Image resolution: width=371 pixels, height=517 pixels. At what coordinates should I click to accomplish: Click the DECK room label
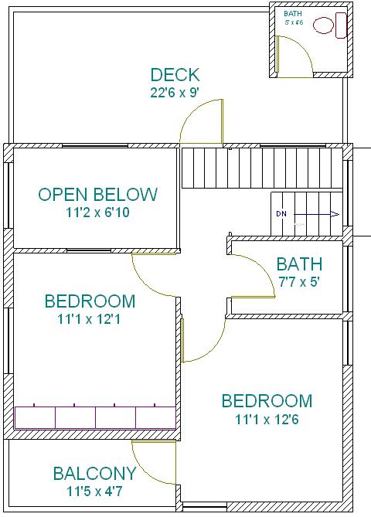[175, 75]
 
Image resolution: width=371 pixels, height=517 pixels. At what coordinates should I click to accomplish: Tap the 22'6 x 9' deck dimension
[175, 93]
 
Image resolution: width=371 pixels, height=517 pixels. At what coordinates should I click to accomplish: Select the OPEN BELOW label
[98, 195]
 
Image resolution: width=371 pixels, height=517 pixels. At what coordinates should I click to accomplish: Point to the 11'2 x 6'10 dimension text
[98, 213]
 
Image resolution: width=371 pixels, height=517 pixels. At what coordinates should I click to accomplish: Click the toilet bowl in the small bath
[323, 26]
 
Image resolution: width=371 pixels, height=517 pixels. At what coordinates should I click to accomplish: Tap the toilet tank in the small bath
[341, 26]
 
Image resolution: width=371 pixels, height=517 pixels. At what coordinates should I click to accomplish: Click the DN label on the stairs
[281, 214]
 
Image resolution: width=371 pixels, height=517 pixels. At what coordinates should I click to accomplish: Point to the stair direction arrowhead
[335, 214]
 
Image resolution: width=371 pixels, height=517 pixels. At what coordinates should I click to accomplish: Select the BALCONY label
[94, 474]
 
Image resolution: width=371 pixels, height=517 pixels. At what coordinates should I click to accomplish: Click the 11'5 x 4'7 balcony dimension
[94, 491]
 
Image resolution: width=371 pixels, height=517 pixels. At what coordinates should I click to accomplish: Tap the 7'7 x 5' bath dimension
[299, 282]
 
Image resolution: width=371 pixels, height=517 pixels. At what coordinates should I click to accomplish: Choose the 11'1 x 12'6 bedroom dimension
[267, 420]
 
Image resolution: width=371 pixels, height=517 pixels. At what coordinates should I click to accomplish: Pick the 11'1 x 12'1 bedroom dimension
[89, 319]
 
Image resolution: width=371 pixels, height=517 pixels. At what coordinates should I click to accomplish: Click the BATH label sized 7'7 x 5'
[299, 264]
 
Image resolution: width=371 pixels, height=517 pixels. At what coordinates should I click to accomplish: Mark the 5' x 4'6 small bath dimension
[294, 22]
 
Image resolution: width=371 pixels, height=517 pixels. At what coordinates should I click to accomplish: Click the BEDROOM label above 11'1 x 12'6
[267, 401]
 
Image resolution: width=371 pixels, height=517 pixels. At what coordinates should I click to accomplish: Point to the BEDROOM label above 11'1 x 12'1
[90, 301]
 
